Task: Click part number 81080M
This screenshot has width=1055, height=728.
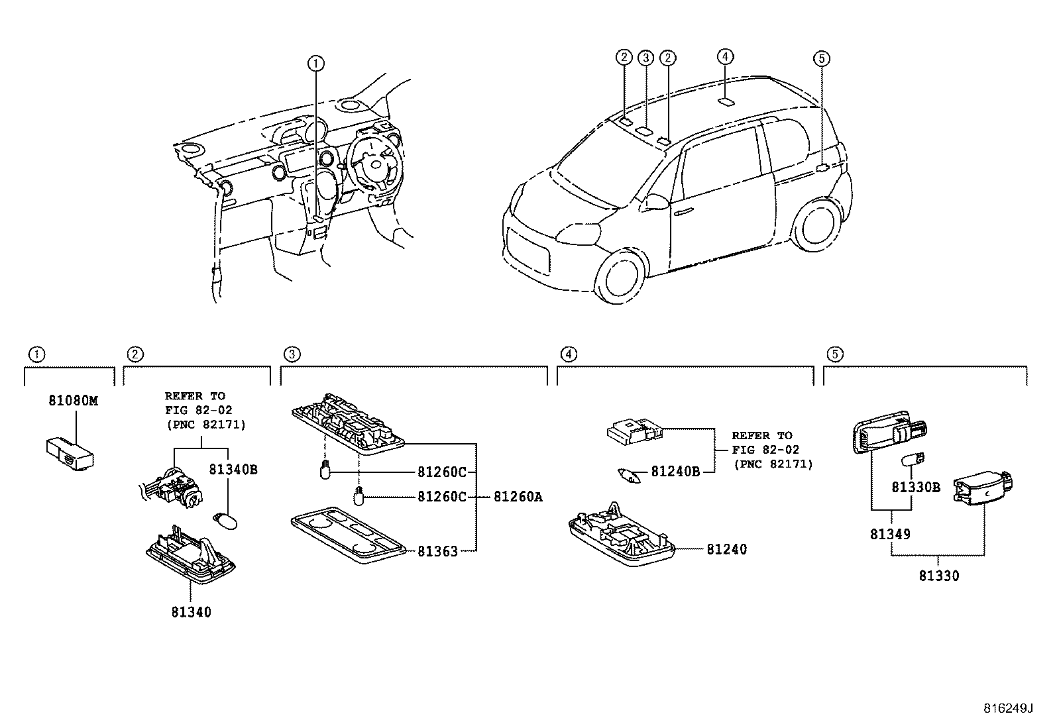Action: point(73,401)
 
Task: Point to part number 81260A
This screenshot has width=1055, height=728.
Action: point(518,497)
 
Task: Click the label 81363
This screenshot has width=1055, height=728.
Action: point(437,551)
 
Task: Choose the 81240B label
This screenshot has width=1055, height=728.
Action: point(675,472)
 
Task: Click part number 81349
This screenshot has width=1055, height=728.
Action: point(890,534)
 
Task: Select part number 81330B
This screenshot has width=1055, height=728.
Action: point(915,488)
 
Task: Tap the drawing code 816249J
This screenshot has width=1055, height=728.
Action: point(1008,708)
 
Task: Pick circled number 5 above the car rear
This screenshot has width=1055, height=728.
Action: point(821,58)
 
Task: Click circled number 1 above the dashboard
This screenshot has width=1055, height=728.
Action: point(316,63)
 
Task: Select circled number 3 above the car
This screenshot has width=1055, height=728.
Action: point(645,58)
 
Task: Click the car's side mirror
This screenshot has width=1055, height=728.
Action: point(656,201)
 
